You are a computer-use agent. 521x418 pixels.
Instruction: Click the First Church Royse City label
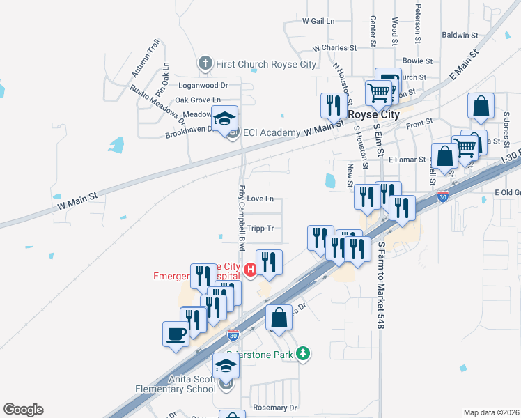click(x=266, y=64)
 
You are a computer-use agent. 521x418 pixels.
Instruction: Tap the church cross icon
click(x=205, y=64)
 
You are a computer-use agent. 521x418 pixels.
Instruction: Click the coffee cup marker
click(x=176, y=334)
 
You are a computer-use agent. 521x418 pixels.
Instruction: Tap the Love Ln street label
click(x=260, y=199)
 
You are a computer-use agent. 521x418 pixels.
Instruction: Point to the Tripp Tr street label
click(x=260, y=229)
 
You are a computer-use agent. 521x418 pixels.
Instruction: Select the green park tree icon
click(x=302, y=354)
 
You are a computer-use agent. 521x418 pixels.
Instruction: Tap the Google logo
click(x=23, y=410)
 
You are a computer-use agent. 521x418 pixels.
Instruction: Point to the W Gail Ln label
click(x=318, y=21)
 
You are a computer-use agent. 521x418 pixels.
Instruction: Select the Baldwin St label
click(x=460, y=34)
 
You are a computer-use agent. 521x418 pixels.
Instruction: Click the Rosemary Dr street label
click(x=275, y=408)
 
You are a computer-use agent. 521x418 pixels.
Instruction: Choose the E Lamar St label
click(x=407, y=160)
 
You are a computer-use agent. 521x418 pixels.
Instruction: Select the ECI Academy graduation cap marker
click(x=225, y=120)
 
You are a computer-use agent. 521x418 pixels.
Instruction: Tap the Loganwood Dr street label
click(x=203, y=86)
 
